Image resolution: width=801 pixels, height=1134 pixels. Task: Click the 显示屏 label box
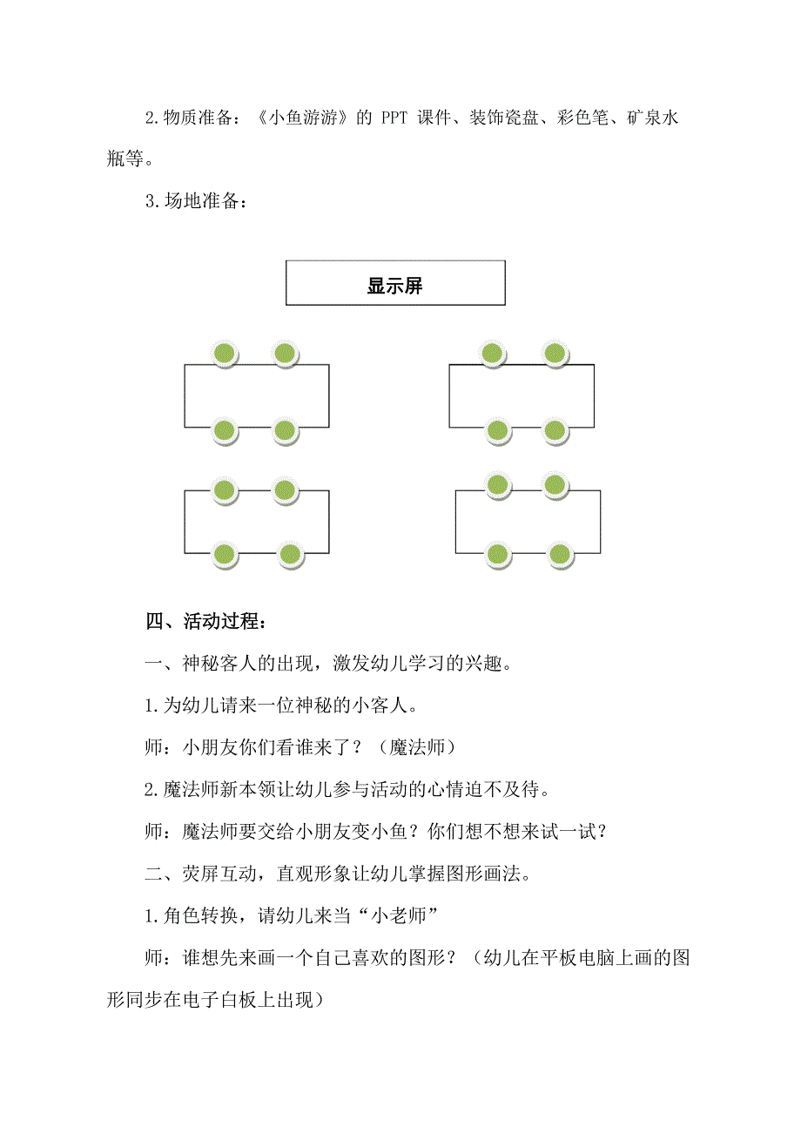395,283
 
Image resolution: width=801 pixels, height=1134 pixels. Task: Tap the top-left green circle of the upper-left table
225,354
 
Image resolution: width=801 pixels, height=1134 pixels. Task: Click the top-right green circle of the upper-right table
555,354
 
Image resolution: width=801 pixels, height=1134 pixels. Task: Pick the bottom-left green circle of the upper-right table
497,430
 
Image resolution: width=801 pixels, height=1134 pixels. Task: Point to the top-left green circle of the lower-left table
225,490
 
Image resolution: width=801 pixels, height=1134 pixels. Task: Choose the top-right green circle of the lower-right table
555,484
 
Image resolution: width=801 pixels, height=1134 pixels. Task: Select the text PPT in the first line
395,119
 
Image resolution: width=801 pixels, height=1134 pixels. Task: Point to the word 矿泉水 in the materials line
650,119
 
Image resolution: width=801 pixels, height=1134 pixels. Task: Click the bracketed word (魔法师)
409,746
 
